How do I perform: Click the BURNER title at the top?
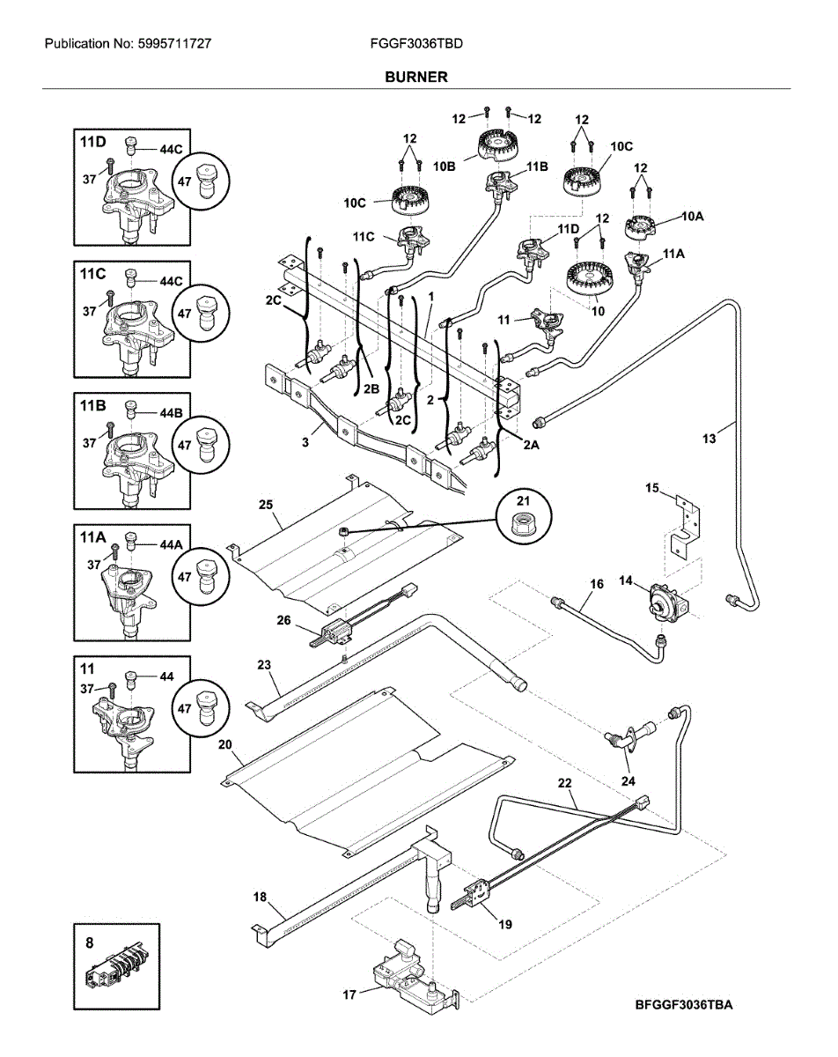click(x=415, y=78)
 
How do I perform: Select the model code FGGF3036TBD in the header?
click(x=417, y=42)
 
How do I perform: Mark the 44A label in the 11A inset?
click(x=170, y=545)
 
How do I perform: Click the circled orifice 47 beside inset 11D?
click(x=202, y=181)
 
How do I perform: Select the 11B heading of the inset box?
click(x=93, y=405)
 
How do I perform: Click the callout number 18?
click(x=260, y=897)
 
